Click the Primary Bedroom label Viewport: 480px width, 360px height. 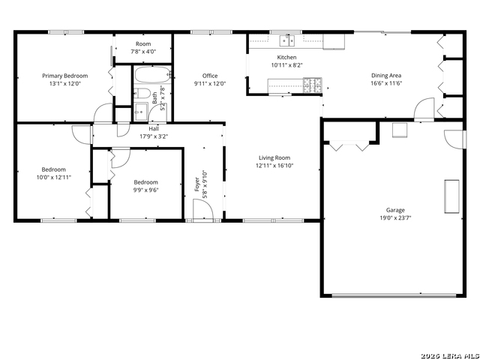pos(65,76)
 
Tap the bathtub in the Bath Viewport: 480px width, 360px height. pos(153,74)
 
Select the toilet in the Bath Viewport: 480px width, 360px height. pos(142,93)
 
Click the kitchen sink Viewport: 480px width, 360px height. pos(286,40)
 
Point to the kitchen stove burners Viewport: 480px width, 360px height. pos(312,85)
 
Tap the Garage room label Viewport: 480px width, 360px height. pos(395,210)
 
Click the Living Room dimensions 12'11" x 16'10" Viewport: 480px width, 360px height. pos(274,166)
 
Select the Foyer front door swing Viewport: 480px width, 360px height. pos(203,210)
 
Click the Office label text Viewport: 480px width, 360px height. pos(210,76)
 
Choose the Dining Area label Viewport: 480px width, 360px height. pos(386,75)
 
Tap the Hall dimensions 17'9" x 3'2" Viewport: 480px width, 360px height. pos(154,136)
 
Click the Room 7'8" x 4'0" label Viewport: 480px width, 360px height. pos(143,48)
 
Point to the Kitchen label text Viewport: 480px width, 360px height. pos(286,57)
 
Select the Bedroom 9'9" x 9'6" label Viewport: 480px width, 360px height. pos(145,186)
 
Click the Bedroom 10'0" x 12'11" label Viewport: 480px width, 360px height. pos(54,173)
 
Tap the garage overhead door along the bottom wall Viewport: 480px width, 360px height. pos(394,295)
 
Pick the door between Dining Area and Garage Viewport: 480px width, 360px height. pos(424,109)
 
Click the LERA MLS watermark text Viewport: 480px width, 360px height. pos(450,355)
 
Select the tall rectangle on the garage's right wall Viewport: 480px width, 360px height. pos(451,196)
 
